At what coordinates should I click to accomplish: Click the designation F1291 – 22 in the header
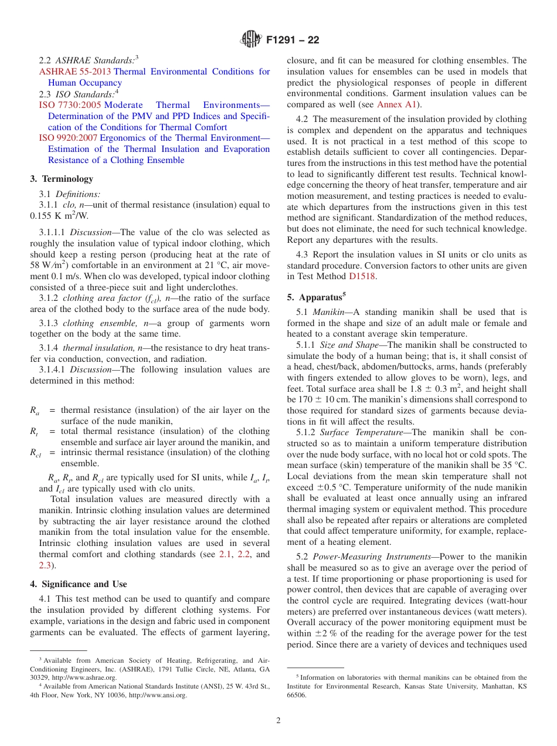click(293, 40)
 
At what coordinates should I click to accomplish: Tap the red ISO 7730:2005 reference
click(70, 105)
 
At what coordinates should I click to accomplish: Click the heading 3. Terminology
click(62, 179)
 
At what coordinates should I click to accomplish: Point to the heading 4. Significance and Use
click(79, 584)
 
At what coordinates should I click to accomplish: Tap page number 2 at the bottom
click(278, 721)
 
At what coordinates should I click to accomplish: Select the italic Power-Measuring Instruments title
click(365, 557)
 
